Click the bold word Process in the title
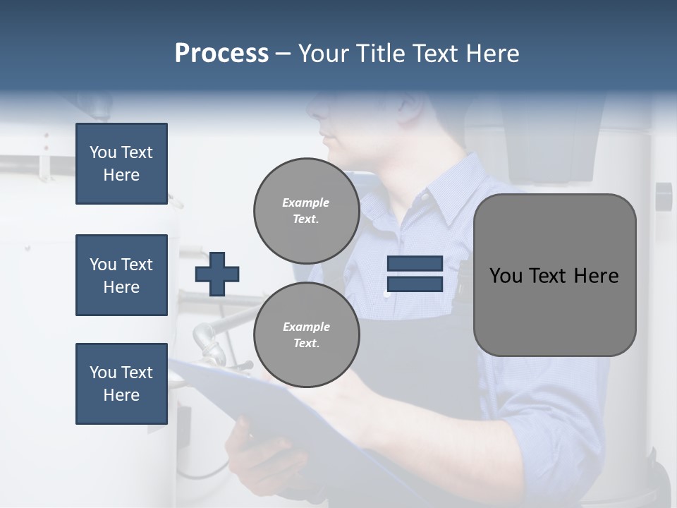click(x=221, y=54)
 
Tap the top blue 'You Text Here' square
click(x=121, y=164)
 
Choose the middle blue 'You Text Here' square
click(x=121, y=275)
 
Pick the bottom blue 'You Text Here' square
click(x=121, y=384)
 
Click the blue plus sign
click(x=216, y=274)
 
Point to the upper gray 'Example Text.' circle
click(x=306, y=210)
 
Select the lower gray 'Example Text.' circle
click(x=306, y=335)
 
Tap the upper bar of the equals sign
click(x=415, y=264)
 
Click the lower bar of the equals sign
click(x=415, y=284)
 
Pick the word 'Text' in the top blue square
click(x=137, y=152)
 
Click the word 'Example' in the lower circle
click(x=306, y=327)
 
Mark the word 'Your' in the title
click(x=322, y=54)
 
